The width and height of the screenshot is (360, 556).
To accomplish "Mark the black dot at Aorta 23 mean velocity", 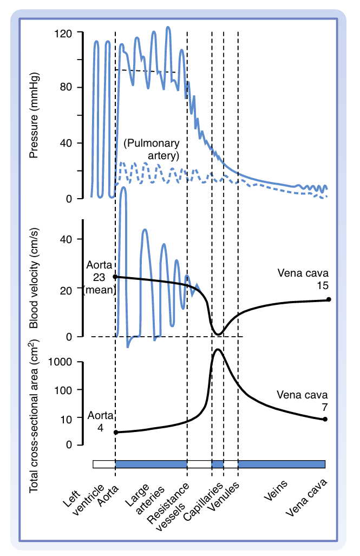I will [x=115, y=277].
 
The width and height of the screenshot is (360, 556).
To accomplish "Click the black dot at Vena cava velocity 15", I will [x=329, y=299].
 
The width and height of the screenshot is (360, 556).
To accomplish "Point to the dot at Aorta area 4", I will [x=115, y=432].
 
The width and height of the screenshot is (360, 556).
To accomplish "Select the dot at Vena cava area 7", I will [x=325, y=419].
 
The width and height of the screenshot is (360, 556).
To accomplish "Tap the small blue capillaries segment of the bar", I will [x=218, y=464].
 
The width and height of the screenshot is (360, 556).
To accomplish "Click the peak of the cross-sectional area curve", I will [x=218, y=349].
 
